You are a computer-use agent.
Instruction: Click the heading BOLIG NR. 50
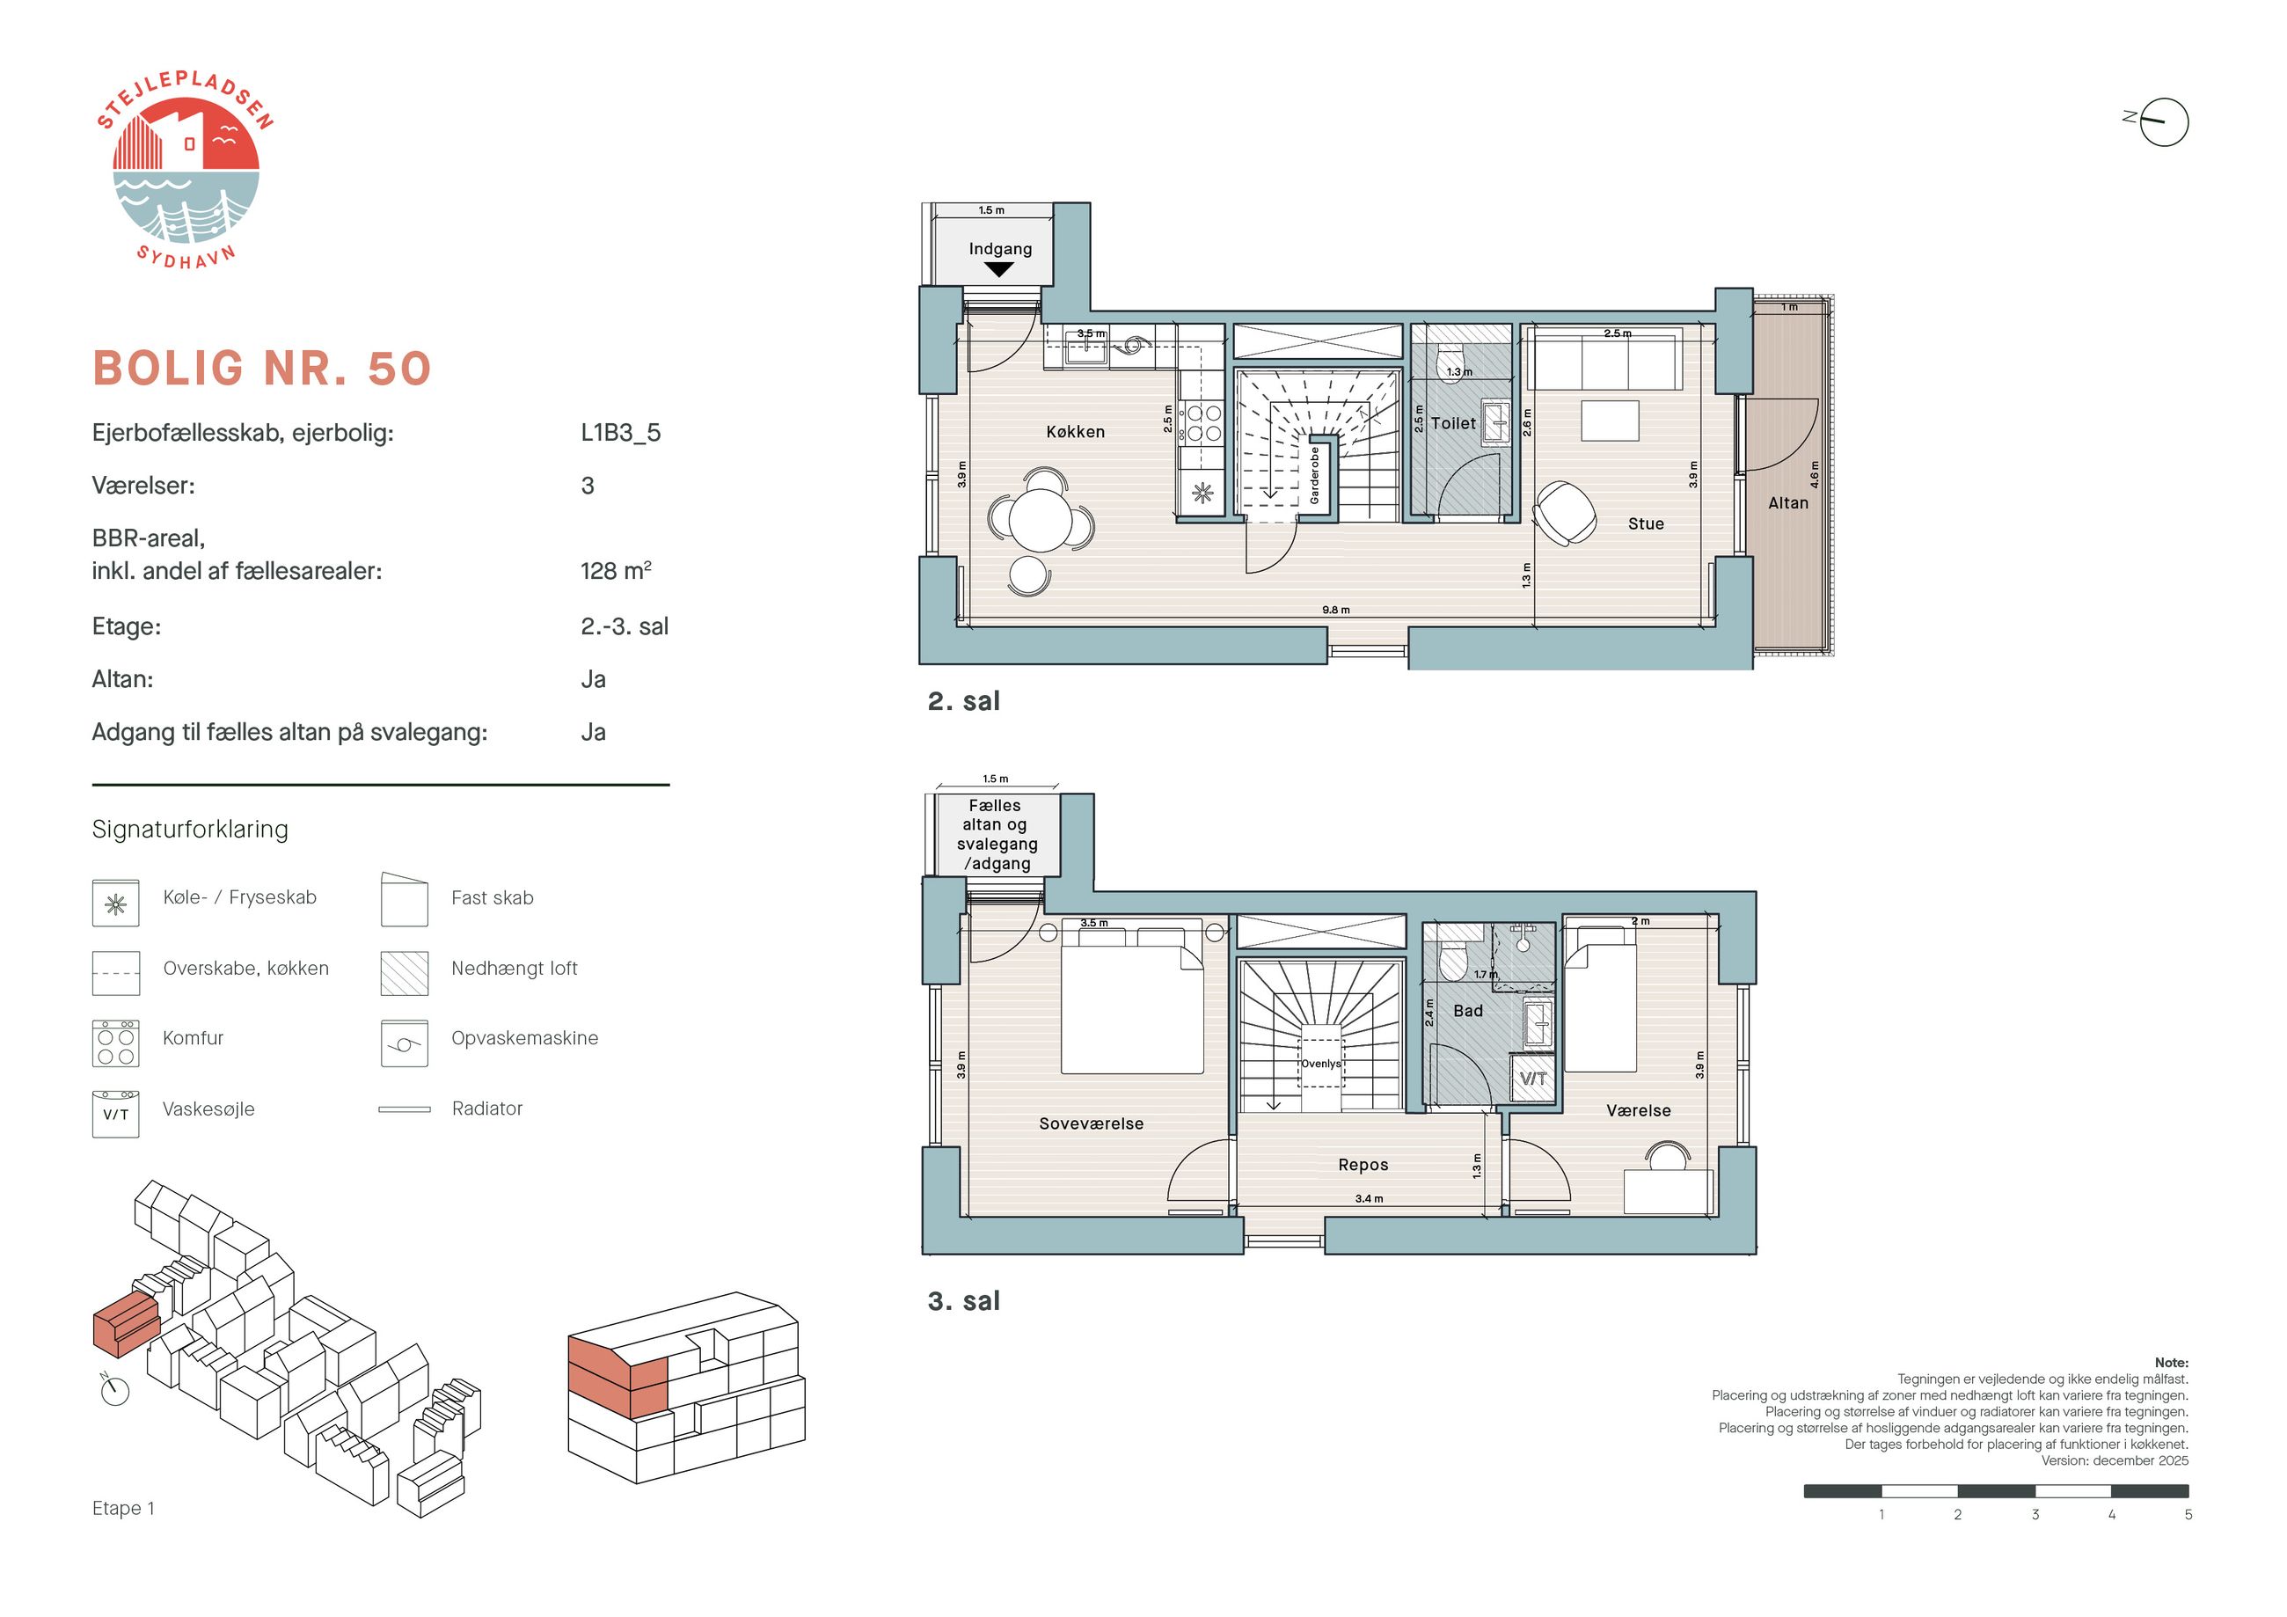click(262, 368)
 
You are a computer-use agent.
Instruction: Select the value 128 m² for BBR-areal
click(616, 570)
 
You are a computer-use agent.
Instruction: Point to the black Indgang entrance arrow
click(998, 269)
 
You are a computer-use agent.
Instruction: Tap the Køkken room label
click(1075, 431)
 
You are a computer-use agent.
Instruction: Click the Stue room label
click(1646, 523)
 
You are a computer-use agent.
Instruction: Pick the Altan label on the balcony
click(1788, 503)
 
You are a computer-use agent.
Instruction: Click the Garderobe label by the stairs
click(1315, 474)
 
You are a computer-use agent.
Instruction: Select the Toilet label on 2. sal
click(1453, 423)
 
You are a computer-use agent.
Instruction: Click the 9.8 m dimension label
click(1336, 610)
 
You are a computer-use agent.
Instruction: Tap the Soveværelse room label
click(1091, 1123)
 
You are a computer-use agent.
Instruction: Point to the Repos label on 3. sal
click(1363, 1165)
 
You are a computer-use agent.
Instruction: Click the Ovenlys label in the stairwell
click(1321, 1064)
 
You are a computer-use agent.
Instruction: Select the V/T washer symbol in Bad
click(1533, 1078)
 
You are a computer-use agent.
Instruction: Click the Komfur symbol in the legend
click(115, 1043)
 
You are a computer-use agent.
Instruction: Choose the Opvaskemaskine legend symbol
click(405, 1043)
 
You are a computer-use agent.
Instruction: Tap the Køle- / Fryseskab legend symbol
click(115, 903)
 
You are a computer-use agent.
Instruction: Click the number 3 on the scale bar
click(2035, 1514)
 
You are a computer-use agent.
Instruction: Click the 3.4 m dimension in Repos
click(1369, 1198)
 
